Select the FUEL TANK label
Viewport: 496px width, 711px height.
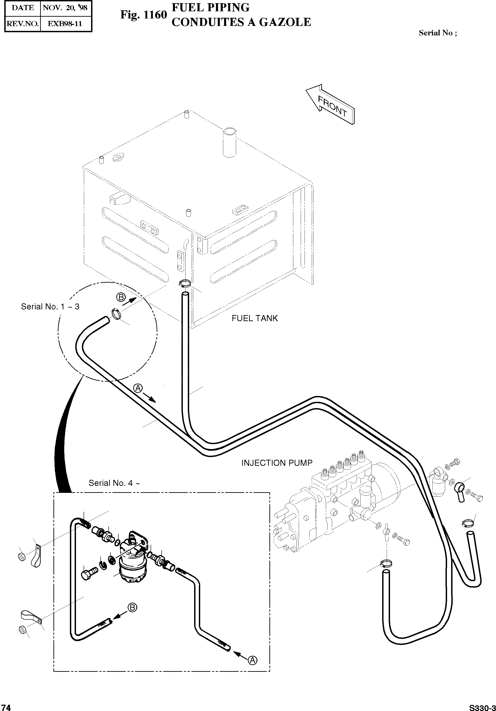(255, 318)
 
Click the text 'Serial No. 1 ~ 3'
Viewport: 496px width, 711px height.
(50, 306)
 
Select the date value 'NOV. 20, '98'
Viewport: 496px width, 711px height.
(65, 8)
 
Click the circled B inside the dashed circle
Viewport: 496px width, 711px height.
(121, 297)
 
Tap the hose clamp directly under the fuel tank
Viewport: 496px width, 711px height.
(185, 282)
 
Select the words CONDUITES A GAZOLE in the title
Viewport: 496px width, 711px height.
(241, 22)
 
